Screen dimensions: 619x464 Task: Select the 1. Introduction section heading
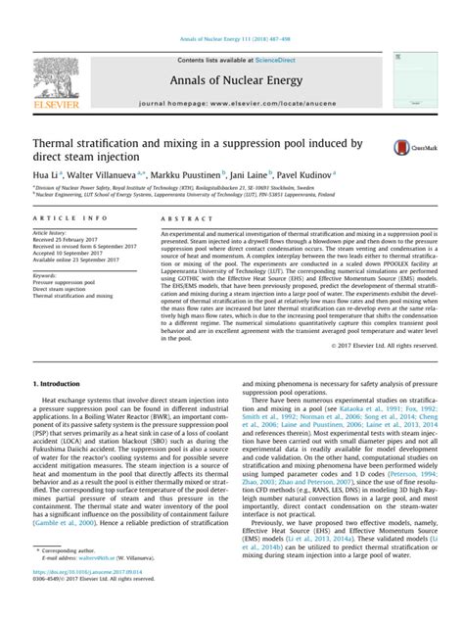point(62,410)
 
